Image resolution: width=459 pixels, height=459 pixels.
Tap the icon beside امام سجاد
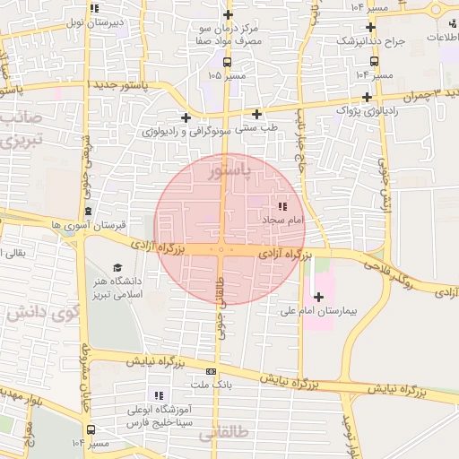point(283,207)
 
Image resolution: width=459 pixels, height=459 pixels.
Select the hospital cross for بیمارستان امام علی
point(318,297)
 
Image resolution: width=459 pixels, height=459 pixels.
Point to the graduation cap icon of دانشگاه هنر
point(117,267)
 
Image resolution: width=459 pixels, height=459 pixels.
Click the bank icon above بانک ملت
point(211,371)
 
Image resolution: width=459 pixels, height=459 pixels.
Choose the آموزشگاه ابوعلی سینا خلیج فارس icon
point(160,395)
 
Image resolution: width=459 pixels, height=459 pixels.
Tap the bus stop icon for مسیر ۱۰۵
point(227,63)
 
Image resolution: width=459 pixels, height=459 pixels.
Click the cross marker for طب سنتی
point(257,114)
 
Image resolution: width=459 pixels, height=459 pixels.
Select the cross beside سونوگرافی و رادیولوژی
point(186,117)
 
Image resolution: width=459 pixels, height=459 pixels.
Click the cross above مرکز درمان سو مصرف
point(228,14)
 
